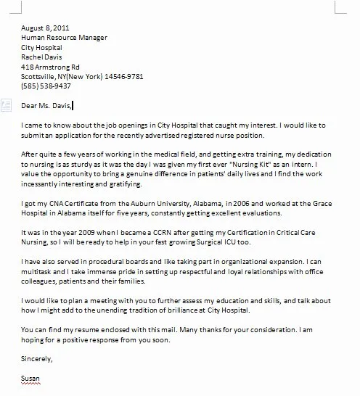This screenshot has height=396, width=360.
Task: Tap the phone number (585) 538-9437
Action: pos(46,86)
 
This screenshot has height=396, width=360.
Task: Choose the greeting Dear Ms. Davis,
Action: pos(47,106)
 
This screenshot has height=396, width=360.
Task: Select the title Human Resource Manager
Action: pos(66,36)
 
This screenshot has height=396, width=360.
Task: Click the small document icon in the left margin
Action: pos(6,104)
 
